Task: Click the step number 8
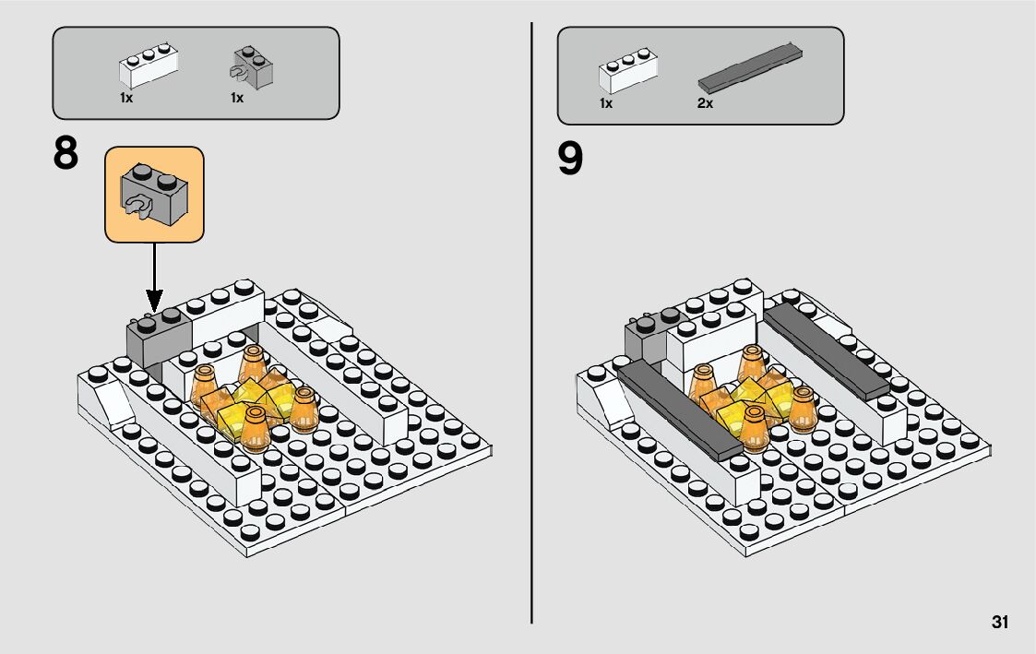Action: coord(65,154)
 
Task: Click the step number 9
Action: coord(570,160)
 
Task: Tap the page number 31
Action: coord(1000,622)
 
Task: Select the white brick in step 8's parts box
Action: coord(149,66)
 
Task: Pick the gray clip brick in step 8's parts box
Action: coord(253,67)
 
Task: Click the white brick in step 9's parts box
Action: coord(628,71)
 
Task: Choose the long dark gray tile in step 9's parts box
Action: coord(751,67)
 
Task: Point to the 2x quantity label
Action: coord(705,103)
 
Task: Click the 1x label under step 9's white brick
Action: coord(606,103)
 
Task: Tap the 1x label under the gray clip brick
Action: coord(237,98)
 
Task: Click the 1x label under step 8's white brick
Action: coord(126,98)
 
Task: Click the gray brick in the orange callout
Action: coord(154,194)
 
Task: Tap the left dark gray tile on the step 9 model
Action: coord(680,410)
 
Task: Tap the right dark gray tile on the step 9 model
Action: coord(827,351)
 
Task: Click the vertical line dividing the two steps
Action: coord(531,323)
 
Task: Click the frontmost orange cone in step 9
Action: coord(754,428)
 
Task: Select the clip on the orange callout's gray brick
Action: coord(137,206)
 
